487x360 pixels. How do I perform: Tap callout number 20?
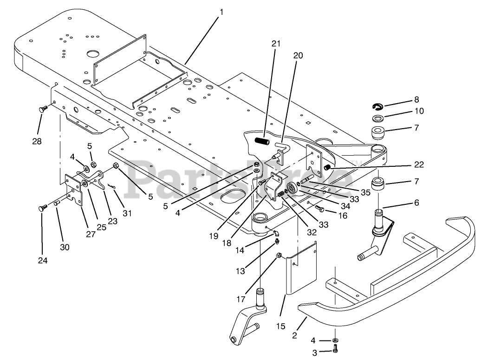(298, 55)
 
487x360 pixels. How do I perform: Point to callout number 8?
(416, 99)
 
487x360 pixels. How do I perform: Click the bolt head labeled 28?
(41, 109)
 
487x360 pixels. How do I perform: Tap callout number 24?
(42, 261)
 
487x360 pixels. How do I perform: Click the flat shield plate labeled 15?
(301, 269)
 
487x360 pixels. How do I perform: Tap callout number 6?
(416, 203)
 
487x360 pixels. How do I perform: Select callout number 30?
(65, 247)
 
